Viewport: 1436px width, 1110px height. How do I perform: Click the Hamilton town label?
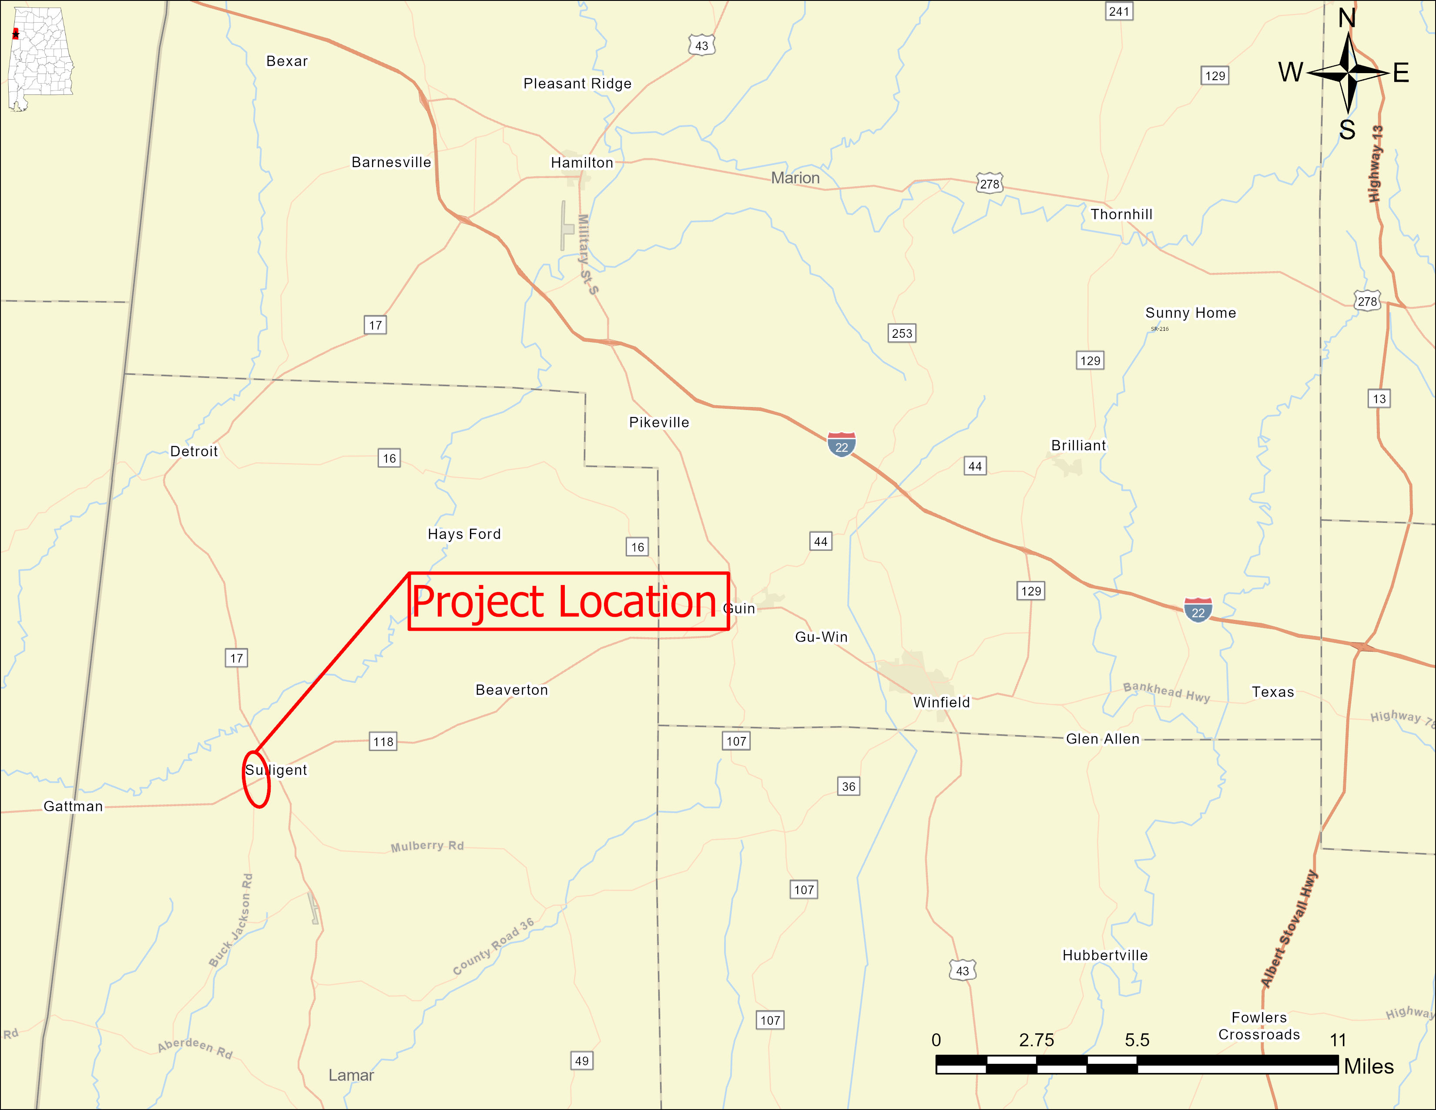[582, 162]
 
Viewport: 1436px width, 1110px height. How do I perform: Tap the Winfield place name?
[941, 702]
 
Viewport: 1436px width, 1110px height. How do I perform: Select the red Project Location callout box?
[568, 601]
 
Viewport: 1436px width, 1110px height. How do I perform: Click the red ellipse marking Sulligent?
[256, 779]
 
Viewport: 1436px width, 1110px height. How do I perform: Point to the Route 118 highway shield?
[383, 742]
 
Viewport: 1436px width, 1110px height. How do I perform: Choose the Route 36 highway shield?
[848, 787]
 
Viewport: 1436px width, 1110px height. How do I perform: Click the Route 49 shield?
[581, 1061]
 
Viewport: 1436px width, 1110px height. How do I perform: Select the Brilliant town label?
[1078, 445]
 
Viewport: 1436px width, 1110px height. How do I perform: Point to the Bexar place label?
[287, 61]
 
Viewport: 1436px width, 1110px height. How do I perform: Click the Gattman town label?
[73, 806]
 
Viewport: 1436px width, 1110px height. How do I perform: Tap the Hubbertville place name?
[1104, 955]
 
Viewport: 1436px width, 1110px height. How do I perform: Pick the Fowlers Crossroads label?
[1258, 1026]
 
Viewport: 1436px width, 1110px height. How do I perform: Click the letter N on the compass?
[1347, 18]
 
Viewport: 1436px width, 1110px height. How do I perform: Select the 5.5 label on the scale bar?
[1136, 1040]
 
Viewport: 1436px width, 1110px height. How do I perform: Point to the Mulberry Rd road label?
[427, 846]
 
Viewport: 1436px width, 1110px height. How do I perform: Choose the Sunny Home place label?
[1190, 313]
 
